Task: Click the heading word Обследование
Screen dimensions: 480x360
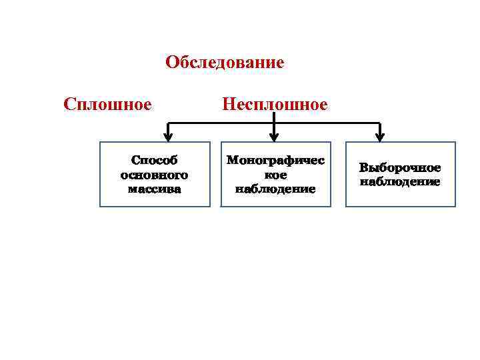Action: coord(225,63)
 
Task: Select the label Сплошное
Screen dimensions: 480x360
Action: coord(107,105)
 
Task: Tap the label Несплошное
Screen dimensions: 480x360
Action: coord(275,105)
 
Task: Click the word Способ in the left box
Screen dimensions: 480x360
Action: coord(155,161)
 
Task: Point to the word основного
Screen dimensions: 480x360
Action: coord(155,175)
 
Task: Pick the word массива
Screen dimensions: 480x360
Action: coord(155,189)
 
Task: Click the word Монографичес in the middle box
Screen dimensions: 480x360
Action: coord(275,161)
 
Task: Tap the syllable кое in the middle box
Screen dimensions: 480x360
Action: coord(275,175)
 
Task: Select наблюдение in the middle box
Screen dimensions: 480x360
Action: coord(275,189)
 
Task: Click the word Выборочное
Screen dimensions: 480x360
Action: coord(400,168)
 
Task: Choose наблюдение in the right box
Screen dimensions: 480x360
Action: coord(400,181)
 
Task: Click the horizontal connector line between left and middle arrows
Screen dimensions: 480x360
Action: coord(220,123)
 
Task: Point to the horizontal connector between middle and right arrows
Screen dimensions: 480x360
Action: coord(327,123)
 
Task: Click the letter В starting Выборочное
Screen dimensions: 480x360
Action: coord(363,168)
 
